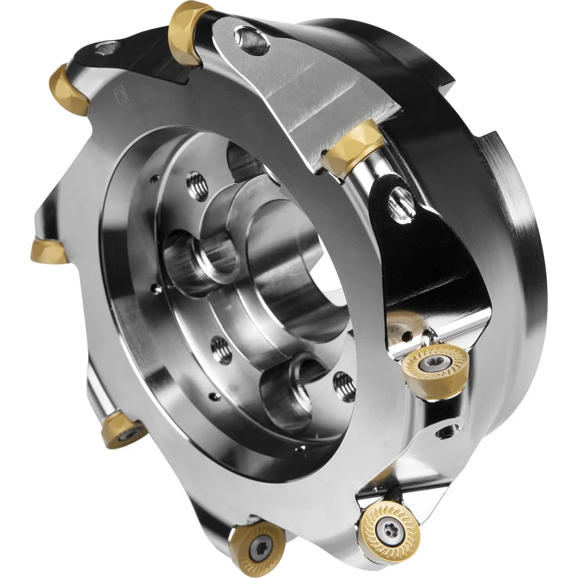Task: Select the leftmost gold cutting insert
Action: [49, 251]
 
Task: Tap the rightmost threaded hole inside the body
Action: [344, 386]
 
